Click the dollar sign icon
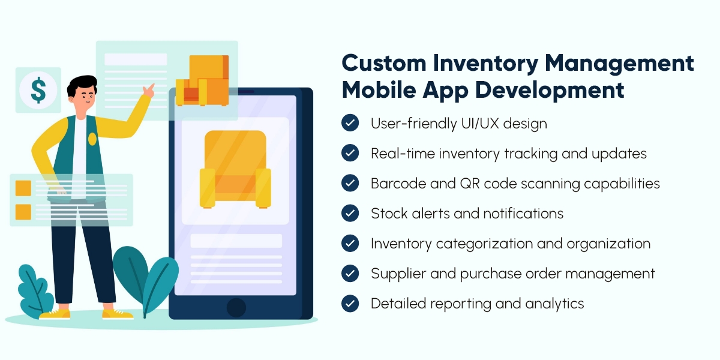38,91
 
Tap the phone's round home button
236,308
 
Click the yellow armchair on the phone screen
235,169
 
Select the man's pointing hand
149,90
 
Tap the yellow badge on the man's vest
92,139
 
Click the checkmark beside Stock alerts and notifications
350,213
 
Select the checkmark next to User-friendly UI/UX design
350,123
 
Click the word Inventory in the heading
485,64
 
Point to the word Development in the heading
550,91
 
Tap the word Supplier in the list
398,274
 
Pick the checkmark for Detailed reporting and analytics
350,304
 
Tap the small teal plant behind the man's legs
35,289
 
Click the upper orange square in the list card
23,188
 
